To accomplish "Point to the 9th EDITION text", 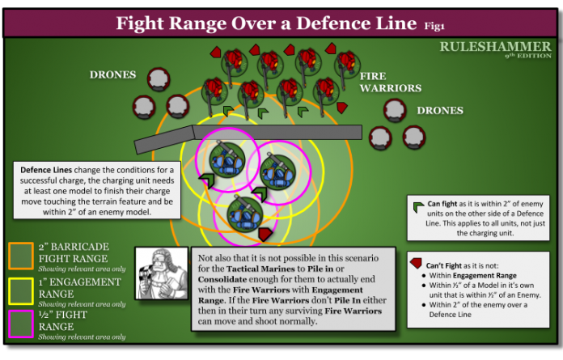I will click(527, 57).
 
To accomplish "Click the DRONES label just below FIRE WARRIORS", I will click(439, 110).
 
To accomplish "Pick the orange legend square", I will click(20, 255).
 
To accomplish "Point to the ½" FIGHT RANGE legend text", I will click(70, 321).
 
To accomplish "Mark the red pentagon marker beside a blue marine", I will click(265, 234).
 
